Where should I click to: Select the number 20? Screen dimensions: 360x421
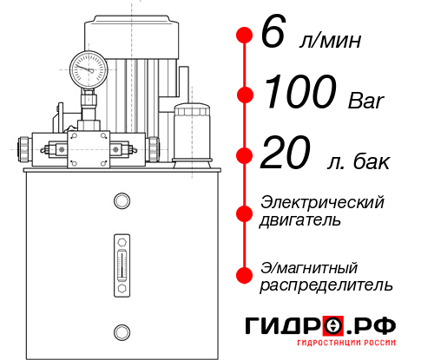pyautogui.click(x=284, y=154)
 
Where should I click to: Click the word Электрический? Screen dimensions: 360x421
pyautogui.click(x=322, y=202)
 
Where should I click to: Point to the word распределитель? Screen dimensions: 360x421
pyautogui.click(x=326, y=285)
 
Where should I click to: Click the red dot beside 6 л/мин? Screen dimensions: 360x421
pyautogui.click(x=244, y=36)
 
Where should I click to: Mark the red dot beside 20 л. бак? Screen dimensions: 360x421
pyautogui.click(x=244, y=155)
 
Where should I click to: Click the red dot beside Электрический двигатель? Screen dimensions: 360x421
pyautogui.click(x=244, y=212)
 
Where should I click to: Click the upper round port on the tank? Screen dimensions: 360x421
pyautogui.click(x=121, y=202)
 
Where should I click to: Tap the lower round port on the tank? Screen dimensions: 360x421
pyautogui.click(x=121, y=330)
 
